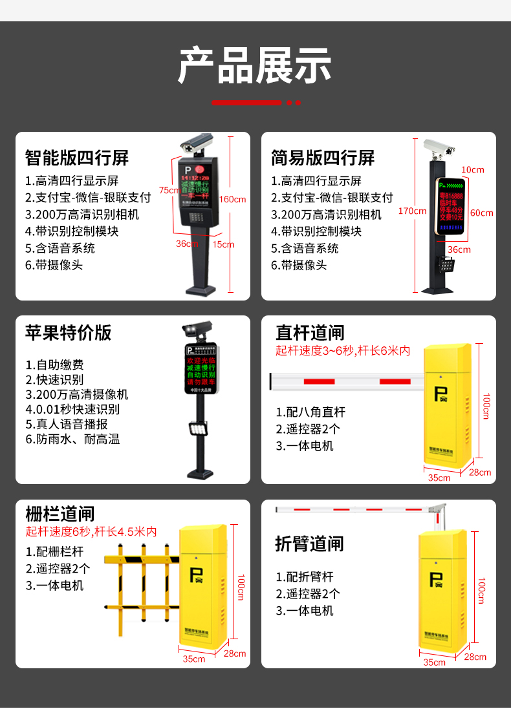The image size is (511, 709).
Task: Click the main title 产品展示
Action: [x=255, y=65]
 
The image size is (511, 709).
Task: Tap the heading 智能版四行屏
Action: [x=77, y=157]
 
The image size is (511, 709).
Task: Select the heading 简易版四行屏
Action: [x=323, y=157]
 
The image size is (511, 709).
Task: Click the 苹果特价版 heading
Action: [x=69, y=332]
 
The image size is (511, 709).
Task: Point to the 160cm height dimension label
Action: [x=233, y=199]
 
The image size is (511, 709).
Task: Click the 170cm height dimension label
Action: [x=412, y=211]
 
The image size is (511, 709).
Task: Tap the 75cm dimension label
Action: [x=169, y=190]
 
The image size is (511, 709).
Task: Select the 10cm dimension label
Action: [x=472, y=169]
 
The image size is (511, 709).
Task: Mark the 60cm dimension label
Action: [x=481, y=213]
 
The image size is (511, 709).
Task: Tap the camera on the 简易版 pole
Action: [x=440, y=148]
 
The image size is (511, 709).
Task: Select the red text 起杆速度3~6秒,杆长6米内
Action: [x=343, y=351]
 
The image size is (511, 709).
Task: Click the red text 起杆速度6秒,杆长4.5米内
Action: [x=91, y=532]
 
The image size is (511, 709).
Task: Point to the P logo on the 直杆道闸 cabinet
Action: [x=442, y=394]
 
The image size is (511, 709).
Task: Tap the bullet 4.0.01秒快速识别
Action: [x=72, y=409]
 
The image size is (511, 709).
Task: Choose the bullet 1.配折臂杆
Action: [x=305, y=577]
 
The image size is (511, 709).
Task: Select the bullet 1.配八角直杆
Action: [x=310, y=412]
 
